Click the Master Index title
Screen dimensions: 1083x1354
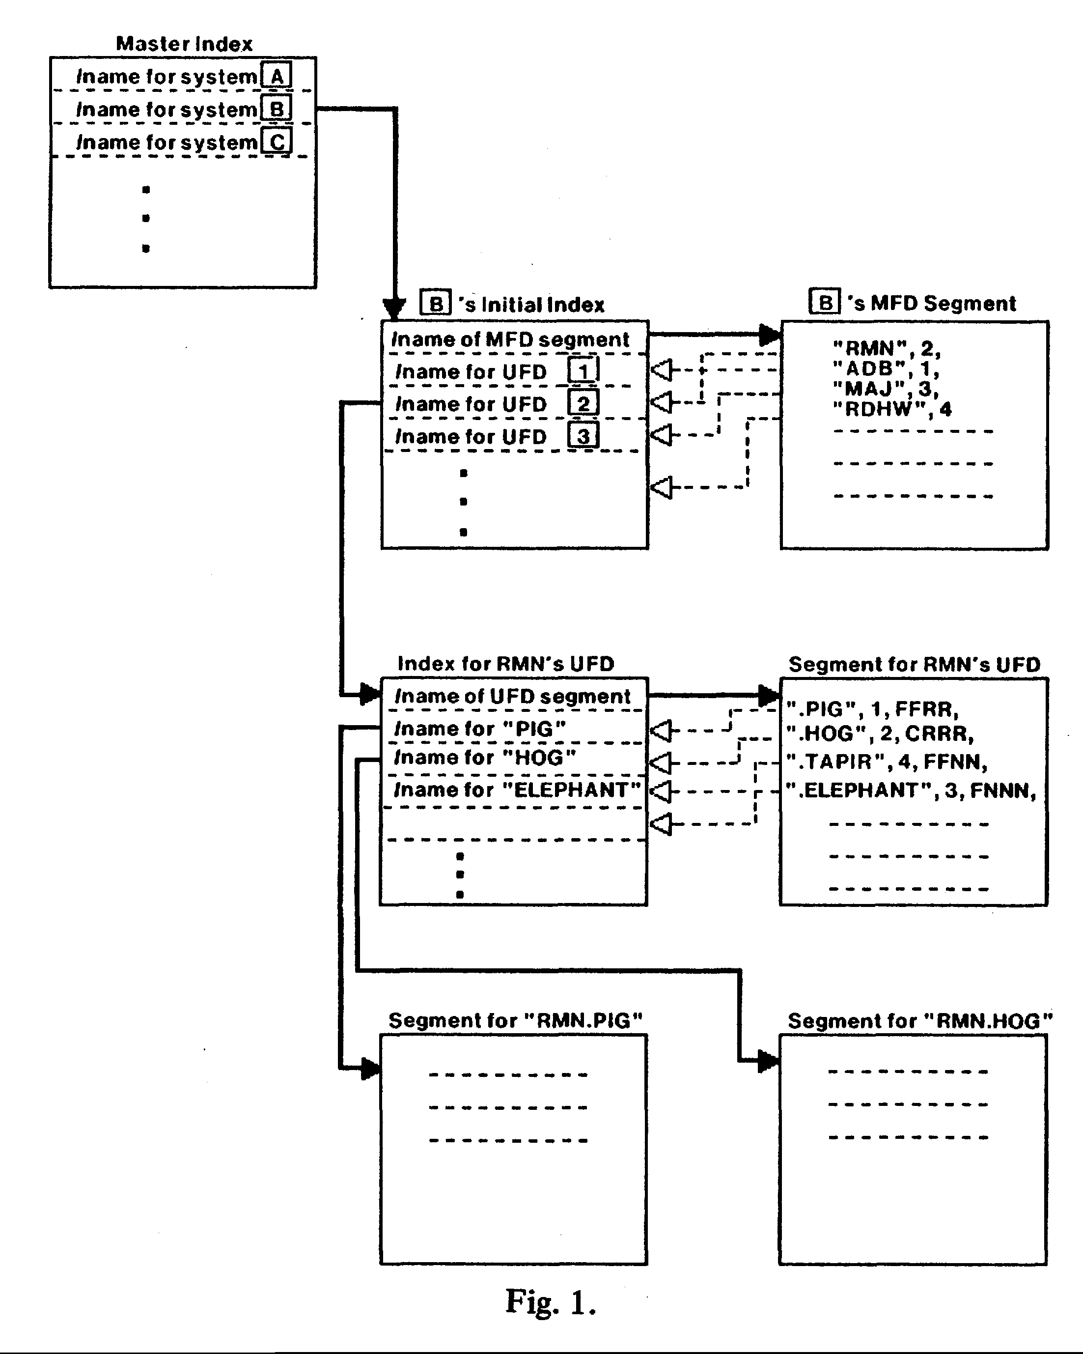point(184,43)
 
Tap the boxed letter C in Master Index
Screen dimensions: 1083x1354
point(277,142)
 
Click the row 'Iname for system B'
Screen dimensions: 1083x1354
point(183,109)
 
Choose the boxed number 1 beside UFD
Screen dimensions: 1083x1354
point(583,370)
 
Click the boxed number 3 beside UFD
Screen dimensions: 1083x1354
point(583,436)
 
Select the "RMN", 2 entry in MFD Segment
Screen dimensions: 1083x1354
point(887,348)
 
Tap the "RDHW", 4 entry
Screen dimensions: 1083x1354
point(892,409)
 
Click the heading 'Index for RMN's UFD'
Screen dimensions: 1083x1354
point(505,664)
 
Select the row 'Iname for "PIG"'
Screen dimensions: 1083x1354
point(480,729)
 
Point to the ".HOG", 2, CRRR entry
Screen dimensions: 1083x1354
point(880,733)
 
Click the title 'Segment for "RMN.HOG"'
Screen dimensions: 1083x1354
point(920,1021)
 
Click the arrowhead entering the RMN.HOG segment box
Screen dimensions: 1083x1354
point(769,1061)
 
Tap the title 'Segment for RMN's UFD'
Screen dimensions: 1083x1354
point(914,664)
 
